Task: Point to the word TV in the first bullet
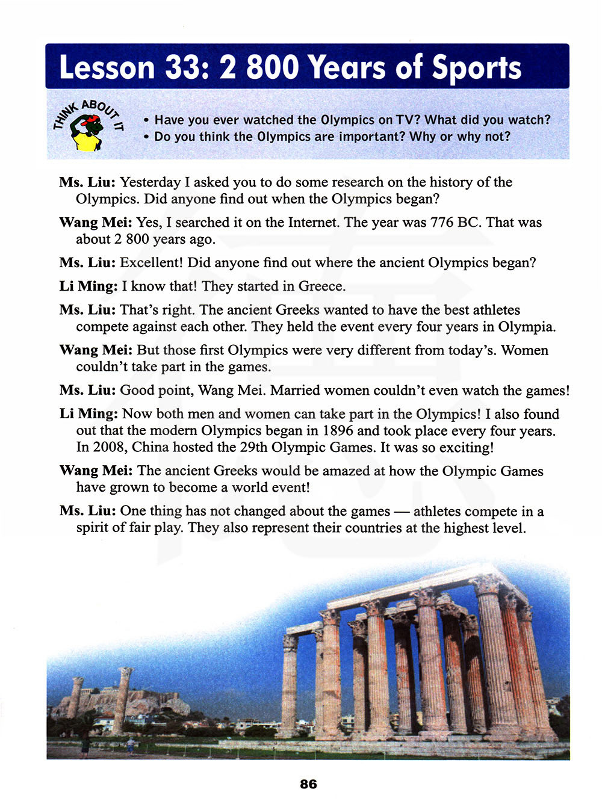click(x=407, y=120)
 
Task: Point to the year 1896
click(x=338, y=431)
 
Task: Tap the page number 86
click(x=308, y=784)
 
